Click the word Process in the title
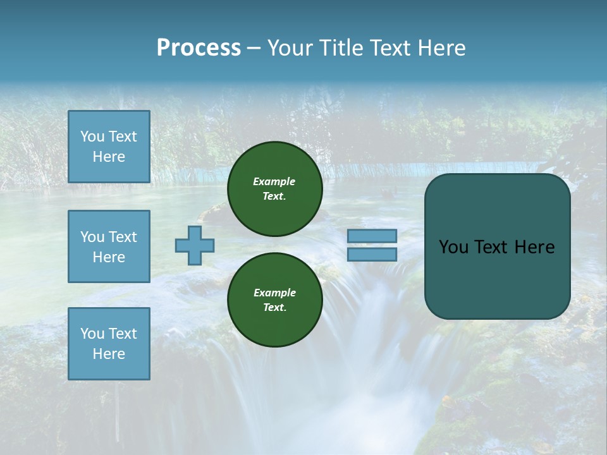point(199,48)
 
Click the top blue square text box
point(109,147)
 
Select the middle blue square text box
point(109,246)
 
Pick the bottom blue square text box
point(109,344)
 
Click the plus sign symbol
point(195,245)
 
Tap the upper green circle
point(274,189)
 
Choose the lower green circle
point(274,300)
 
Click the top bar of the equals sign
point(372,236)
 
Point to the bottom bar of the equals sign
point(372,254)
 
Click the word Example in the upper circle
point(274,181)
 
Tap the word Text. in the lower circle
point(274,308)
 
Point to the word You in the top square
point(92,136)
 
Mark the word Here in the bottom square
point(109,354)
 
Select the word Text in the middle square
point(123,237)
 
